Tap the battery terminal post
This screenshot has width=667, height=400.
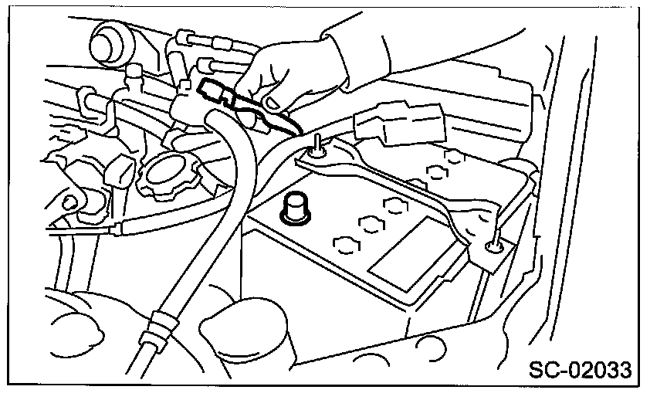point(295,208)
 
